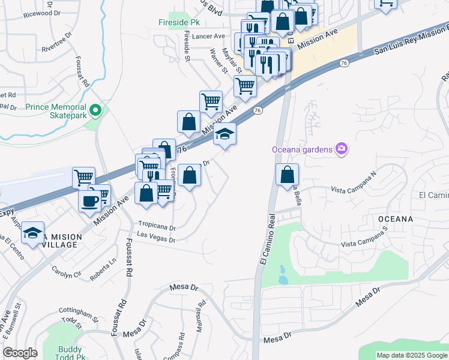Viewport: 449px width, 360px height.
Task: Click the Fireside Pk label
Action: (179, 22)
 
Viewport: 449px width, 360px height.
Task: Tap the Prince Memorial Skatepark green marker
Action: (95, 110)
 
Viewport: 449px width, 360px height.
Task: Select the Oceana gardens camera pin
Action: (342, 148)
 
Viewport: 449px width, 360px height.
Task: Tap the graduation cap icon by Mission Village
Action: (33, 232)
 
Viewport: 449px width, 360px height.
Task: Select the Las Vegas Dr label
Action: (155, 239)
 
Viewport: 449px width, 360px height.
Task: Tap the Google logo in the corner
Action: (20, 353)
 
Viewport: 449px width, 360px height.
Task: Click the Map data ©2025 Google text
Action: (411, 355)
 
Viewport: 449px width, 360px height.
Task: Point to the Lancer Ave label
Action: (208, 36)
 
